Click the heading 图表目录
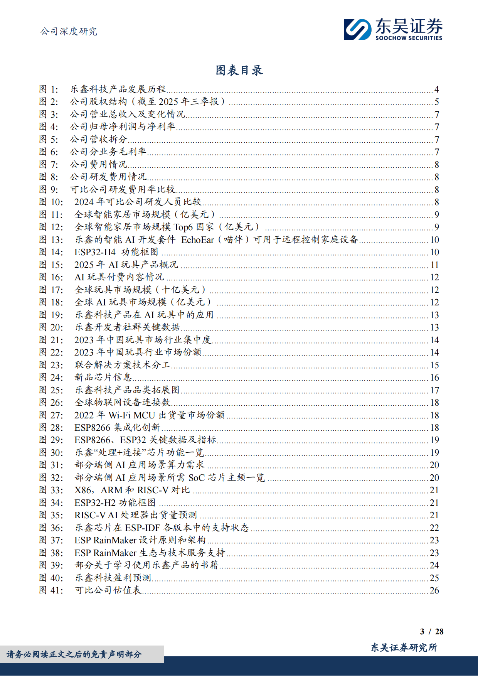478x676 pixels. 239,70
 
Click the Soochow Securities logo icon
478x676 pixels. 357,29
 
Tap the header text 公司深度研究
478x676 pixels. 69,31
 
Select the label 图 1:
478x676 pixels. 49,89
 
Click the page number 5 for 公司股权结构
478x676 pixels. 436,102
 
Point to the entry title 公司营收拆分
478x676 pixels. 98,139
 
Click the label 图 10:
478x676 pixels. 51,202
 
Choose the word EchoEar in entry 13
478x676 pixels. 197,240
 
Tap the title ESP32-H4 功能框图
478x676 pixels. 116,252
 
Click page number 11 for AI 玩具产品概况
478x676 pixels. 434,265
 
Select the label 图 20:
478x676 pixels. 51,327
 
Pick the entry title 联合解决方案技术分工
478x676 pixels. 122,365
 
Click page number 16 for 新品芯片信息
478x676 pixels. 434,378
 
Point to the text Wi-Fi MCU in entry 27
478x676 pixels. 132,415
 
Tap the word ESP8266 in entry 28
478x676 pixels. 92,428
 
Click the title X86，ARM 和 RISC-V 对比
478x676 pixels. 132,490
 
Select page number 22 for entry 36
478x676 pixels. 434,528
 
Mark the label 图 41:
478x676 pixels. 51,590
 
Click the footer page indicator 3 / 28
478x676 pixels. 432,632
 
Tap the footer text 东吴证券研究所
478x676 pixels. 404,647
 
